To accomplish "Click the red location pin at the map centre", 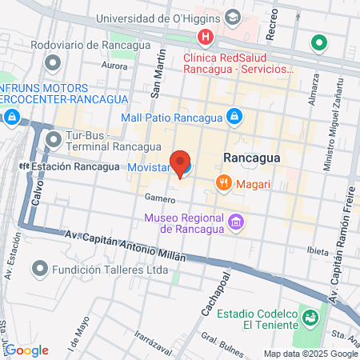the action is (181, 162).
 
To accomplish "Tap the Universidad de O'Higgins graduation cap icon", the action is (233, 18).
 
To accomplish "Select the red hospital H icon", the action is (206, 37).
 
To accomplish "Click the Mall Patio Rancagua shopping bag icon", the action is (233, 117).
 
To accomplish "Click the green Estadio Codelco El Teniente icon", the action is (308, 318).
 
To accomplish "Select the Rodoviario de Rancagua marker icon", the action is (53, 62).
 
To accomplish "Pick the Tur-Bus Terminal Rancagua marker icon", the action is (54, 140).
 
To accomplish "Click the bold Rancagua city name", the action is (252, 158).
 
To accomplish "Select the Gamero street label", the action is (159, 197).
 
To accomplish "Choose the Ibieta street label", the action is (318, 251).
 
